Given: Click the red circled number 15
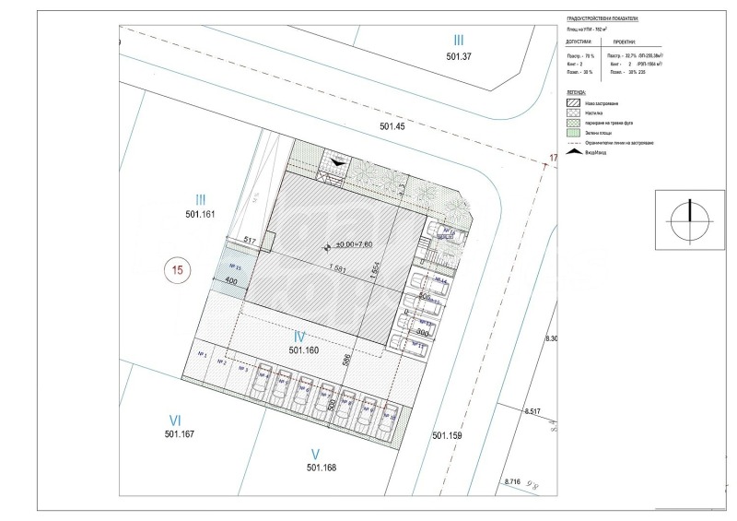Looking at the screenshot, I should coord(179,270).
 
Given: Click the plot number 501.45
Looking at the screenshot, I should coord(392,126).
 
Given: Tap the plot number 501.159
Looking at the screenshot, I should coord(450,434).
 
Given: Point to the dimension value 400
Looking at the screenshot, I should coord(231,279).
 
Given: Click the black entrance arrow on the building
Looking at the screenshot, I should coord(340,161).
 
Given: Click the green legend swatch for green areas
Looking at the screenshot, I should coord(571,133).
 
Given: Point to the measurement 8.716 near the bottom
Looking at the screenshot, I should coord(513,481).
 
